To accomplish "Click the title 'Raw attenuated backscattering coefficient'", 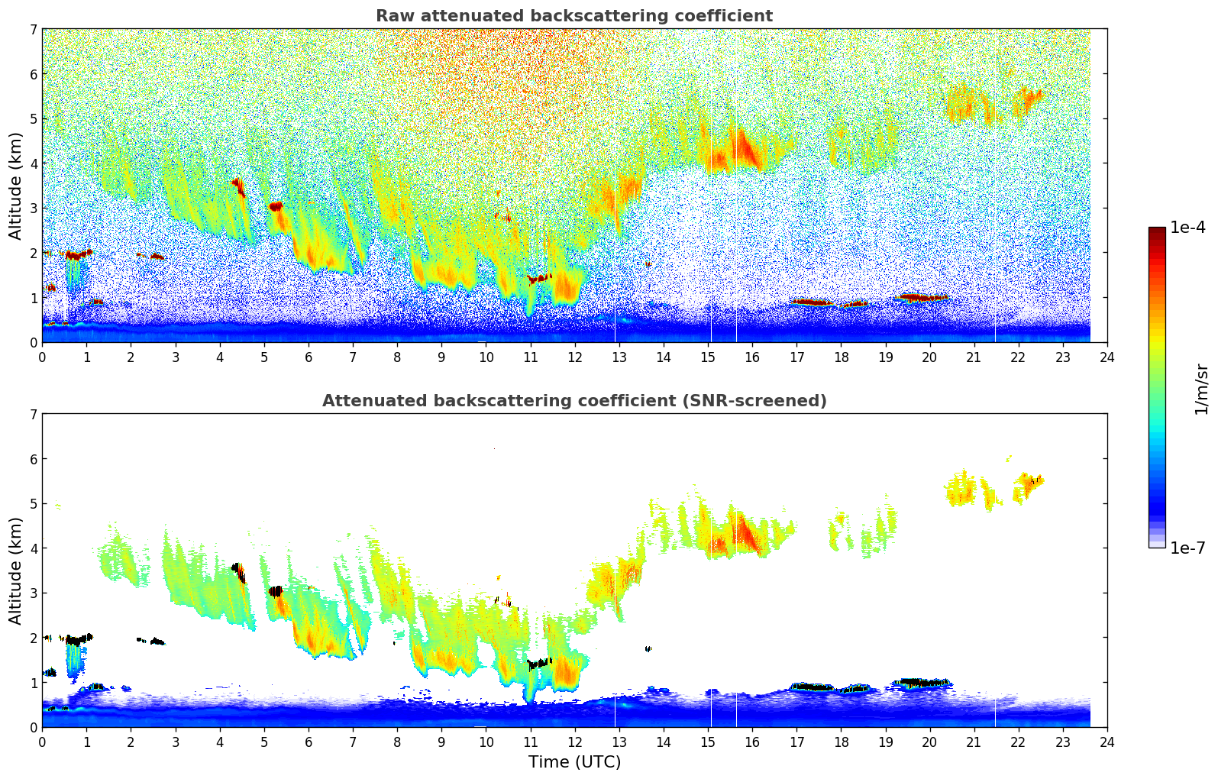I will [573, 16].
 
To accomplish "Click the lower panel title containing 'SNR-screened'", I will [573, 401].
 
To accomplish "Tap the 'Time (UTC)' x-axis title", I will [574, 761].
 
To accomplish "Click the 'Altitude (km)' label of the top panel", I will [16, 186].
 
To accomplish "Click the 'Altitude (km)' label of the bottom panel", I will [16, 571].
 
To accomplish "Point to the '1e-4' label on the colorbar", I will [1187, 228].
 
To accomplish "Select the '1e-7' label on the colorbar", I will [1187, 548].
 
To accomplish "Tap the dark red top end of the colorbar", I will [1157, 231].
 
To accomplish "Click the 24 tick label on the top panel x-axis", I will [1107, 357].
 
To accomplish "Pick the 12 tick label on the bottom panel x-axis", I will [574, 742].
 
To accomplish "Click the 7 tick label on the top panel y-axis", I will [33, 29].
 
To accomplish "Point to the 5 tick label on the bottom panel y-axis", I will [33, 503].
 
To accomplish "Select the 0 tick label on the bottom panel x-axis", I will [42, 742].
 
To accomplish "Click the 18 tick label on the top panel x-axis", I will [841, 357].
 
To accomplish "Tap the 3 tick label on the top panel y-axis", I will [33, 208].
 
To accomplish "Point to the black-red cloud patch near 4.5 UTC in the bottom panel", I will [239, 571].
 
